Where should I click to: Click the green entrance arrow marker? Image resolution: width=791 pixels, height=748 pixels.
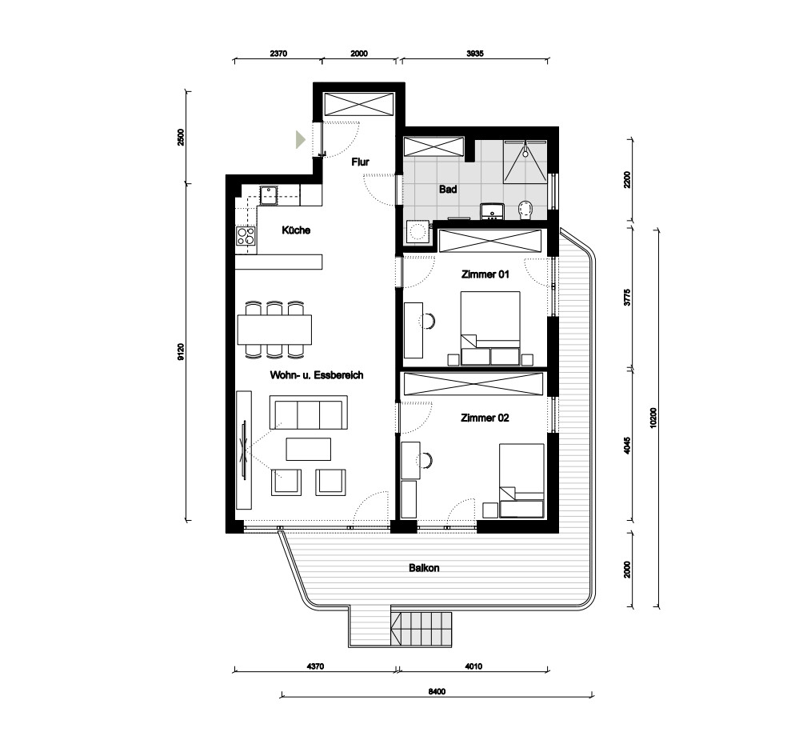pyautogui.click(x=300, y=139)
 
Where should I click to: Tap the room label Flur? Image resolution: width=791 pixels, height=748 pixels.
pyautogui.click(x=360, y=162)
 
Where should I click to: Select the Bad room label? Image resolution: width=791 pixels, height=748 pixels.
pyautogui.click(x=447, y=190)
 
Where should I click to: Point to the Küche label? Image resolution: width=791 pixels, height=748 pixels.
pyautogui.click(x=296, y=230)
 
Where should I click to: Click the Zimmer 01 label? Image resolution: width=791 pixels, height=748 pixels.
pyautogui.click(x=485, y=274)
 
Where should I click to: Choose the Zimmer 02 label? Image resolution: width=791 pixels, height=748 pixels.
pyautogui.click(x=485, y=418)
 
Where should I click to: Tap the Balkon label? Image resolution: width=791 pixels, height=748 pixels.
pyautogui.click(x=424, y=568)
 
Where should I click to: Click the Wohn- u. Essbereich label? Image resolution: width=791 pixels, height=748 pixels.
pyautogui.click(x=316, y=375)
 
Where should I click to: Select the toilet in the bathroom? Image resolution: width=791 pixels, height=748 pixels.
pyautogui.click(x=525, y=210)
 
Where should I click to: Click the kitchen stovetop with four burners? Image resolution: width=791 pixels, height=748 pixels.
pyautogui.click(x=246, y=236)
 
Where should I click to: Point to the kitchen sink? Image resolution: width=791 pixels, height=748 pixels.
pyautogui.click(x=269, y=195)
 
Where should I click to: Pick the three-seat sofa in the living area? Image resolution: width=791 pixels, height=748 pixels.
pyautogui.click(x=309, y=412)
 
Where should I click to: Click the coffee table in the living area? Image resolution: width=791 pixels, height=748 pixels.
pyautogui.click(x=309, y=449)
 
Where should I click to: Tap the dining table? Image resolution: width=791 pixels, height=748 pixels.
pyautogui.click(x=274, y=330)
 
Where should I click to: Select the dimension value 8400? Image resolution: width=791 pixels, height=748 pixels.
pyautogui.click(x=437, y=691)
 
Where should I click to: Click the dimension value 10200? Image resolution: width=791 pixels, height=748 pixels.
pyautogui.click(x=653, y=418)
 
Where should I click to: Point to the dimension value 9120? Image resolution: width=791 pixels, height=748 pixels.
pyautogui.click(x=181, y=351)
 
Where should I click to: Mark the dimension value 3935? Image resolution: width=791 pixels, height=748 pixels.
pyautogui.click(x=475, y=54)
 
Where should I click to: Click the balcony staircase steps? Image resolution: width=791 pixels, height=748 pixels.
pyautogui.click(x=421, y=628)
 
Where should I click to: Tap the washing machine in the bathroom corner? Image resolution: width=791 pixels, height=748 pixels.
pyautogui.click(x=417, y=232)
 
